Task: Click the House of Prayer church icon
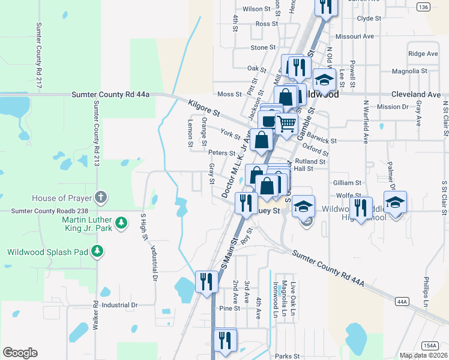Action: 101,197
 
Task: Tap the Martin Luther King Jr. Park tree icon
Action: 121,223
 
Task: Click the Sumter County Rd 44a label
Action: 110,94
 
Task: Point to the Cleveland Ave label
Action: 416,95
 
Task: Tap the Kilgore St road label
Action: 204,108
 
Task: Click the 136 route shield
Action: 423,7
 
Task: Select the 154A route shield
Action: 429,345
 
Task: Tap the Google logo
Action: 20,353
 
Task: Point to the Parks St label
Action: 288,356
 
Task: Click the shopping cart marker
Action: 287,124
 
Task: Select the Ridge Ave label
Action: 423,53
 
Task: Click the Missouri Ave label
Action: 354,36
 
